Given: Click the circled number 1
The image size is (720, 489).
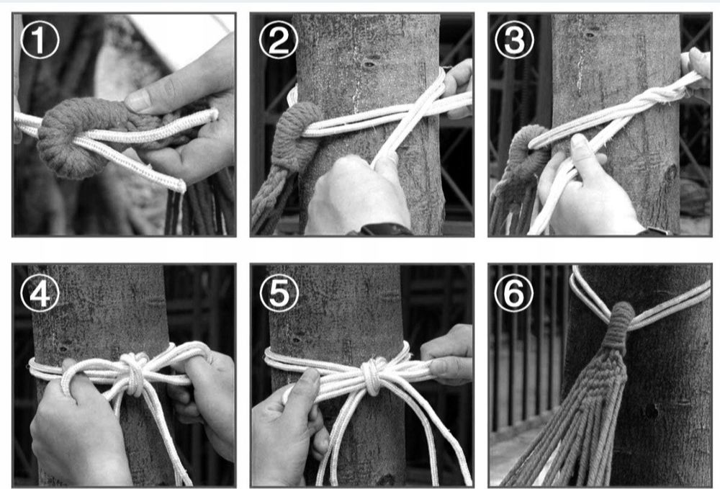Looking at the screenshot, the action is click(40, 40).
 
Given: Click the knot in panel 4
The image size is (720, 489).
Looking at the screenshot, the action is click(133, 373).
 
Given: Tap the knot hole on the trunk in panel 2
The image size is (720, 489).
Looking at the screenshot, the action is click(369, 63).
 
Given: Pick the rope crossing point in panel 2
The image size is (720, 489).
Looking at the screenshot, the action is click(412, 113).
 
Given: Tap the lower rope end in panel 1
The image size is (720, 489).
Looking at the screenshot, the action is click(180, 186).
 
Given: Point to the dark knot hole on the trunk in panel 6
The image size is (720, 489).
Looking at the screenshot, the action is click(651, 411).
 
